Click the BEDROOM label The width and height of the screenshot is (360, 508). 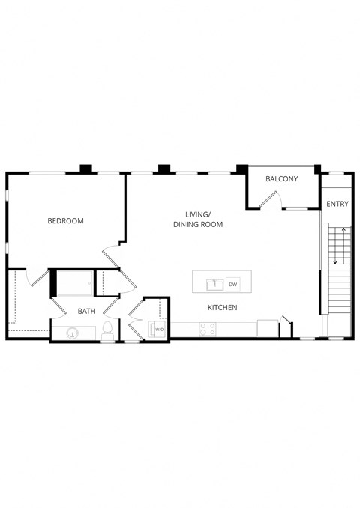click(65, 221)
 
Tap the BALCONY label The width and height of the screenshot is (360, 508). click(282, 179)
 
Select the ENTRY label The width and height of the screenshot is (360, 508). click(337, 204)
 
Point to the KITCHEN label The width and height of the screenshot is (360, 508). click(222, 308)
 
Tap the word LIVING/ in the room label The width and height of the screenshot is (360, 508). click(197, 214)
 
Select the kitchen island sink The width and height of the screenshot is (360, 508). click(215, 284)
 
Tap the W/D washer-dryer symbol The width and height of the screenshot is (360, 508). click(159, 328)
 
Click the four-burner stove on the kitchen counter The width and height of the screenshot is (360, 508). click(207, 329)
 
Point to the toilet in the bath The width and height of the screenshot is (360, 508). click(107, 330)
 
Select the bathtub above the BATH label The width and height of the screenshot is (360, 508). click(76, 285)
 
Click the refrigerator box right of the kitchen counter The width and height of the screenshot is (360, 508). click(267, 328)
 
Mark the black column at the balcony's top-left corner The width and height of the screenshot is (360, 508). click(241, 169)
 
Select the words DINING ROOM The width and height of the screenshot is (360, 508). click(197, 225)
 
